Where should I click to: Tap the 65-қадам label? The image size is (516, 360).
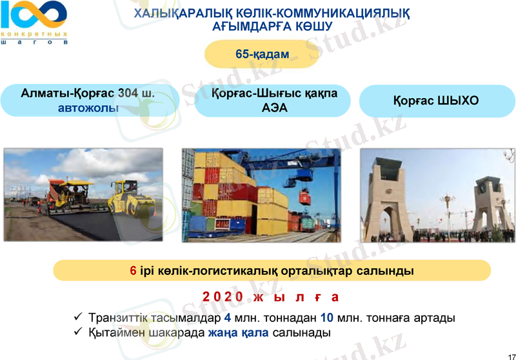pos(263,54)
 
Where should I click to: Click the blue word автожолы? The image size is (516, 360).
pos(88,108)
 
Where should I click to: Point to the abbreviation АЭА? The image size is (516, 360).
pos(275,108)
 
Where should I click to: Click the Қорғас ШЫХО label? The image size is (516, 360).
pos(435,101)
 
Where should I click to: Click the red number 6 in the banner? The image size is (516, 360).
pos(133,271)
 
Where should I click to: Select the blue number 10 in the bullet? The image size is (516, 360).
pos(326,318)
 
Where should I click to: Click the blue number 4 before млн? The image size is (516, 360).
pos(227,318)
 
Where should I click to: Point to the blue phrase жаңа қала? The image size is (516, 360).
pos(239,333)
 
